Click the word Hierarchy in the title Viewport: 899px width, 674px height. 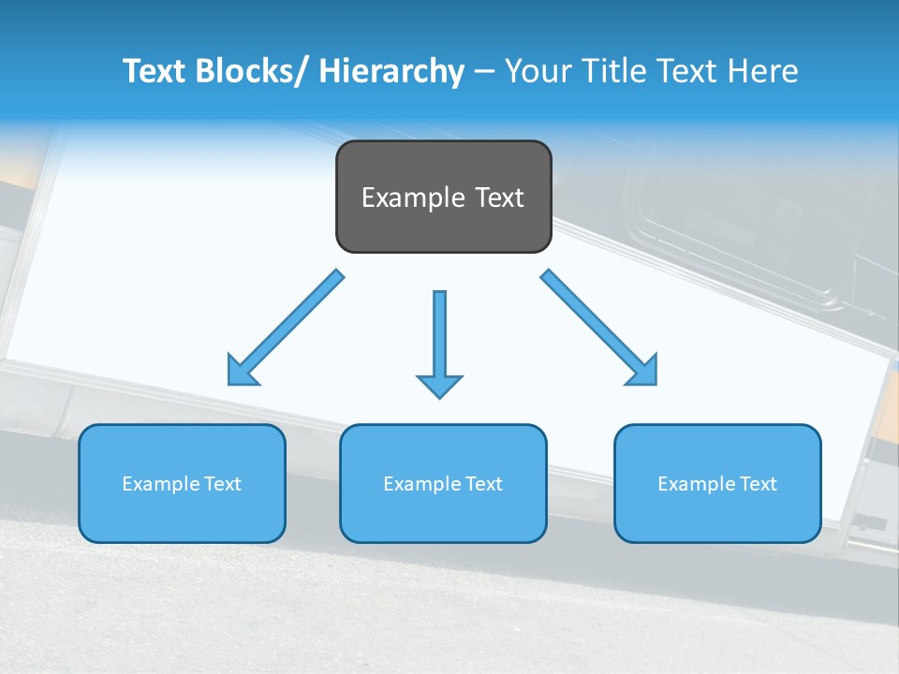click(391, 71)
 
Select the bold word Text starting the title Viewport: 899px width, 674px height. click(155, 71)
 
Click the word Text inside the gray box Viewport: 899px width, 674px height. click(498, 198)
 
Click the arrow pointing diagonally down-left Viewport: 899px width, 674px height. click(287, 328)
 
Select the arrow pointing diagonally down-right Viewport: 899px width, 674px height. click(599, 328)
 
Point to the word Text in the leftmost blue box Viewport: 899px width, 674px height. click(222, 484)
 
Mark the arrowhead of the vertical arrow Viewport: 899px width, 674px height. click(439, 385)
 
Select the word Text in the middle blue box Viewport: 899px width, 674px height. click(483, 484)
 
